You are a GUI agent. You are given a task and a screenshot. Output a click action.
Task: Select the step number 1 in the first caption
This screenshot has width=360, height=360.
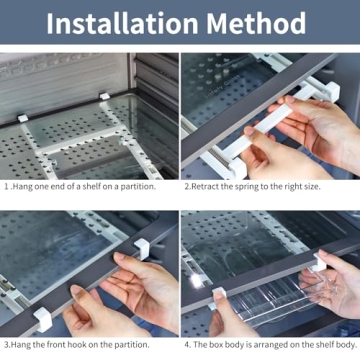coord(6,186)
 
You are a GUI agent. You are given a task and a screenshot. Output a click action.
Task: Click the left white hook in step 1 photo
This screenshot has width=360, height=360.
coord(21,118)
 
